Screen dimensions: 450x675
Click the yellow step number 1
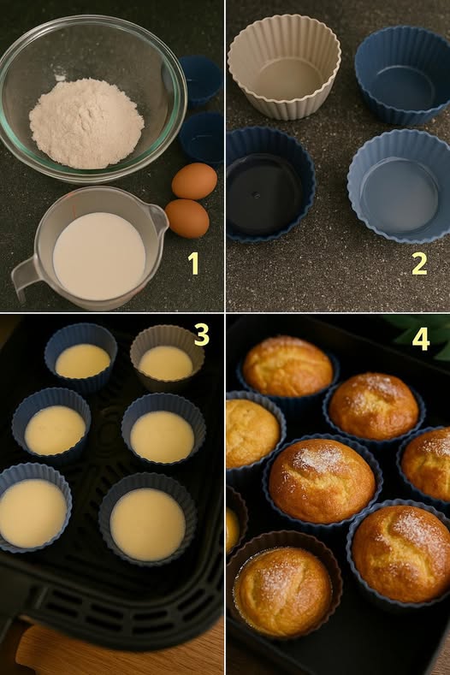pyautogui.click(x=193, y=263)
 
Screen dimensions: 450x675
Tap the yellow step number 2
pyautogui.click(x=419, y=263)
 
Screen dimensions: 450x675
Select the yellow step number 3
pyautogui.click(x=202, y=335)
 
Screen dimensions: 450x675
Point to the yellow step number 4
pyautogui.click(x=421, y=339)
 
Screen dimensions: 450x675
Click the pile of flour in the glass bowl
pyautogui.click(x=86, y=123)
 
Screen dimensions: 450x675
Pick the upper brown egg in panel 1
pyautogui.click(x=194, y=181)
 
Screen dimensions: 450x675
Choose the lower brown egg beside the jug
pyautogui.click(x=187, y=218)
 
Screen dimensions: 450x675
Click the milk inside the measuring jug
pyautogui.click(x=99, y=256)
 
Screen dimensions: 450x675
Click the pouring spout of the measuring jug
pyautogui.click(x=158, y=218)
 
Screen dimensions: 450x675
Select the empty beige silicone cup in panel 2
pyautogui.click(x=284, y=67)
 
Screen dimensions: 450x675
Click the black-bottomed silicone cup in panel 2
pyautogui.click(x=269, y=184)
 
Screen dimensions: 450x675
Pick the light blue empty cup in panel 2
pyautogui.click(x=400, y=186)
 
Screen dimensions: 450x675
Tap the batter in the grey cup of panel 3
pyautogui.click(x=166, y=364)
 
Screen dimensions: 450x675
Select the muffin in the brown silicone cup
pyautogui.click(x=283, y=590)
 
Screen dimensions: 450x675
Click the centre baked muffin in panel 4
pyautogui.click(x=322, y=480)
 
